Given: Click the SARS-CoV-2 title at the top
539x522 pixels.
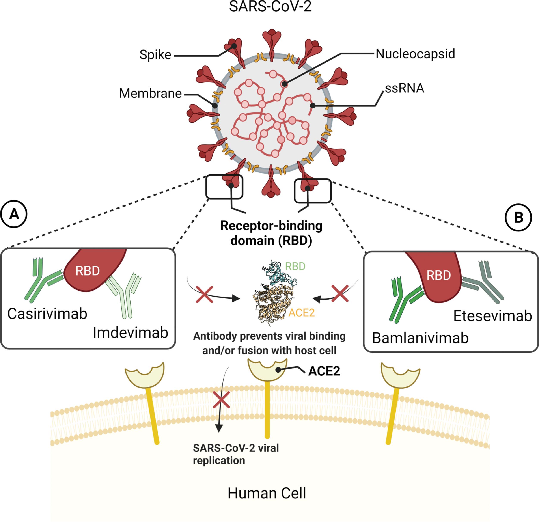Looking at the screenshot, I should pyautogui.click(x=270, y=7).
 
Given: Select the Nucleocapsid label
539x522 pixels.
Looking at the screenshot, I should pyautogui.click(x=415, y=54).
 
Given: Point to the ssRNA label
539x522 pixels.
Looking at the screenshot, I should pyautogui.click(x=404, y=88).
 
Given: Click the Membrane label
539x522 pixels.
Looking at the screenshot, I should pyautogui.click(x=150, y=93).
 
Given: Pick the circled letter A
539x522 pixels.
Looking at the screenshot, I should pyautogui.click(x=14, y=214).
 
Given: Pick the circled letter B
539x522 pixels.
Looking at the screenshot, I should pyautogui.click(x=518, y=217).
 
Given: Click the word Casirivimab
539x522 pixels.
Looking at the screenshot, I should pyautogui.click(x=47, y=314).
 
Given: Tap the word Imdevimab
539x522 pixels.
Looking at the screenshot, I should pyautogui.click(x=130, y=333).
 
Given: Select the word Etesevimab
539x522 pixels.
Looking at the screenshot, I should pyautogui.click(x=492, y=316).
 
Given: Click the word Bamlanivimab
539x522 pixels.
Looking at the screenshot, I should pyautogui.click(x=420, y=338).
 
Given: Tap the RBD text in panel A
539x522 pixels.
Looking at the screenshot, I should pyautogui.click(x=88, y=271).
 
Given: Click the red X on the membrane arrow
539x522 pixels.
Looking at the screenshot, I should pyautogui.click(x=222, y=400).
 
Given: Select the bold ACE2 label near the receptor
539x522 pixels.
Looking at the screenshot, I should pyautogui.click(x=324, y=371).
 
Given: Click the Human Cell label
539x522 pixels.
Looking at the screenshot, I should pyautogui.click(x=267, y=493).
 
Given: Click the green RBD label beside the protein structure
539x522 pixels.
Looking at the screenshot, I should pyautogui.click(x=295, y=266).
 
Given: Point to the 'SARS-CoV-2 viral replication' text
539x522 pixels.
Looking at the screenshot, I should pyautogui.click(x=236, y=454).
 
